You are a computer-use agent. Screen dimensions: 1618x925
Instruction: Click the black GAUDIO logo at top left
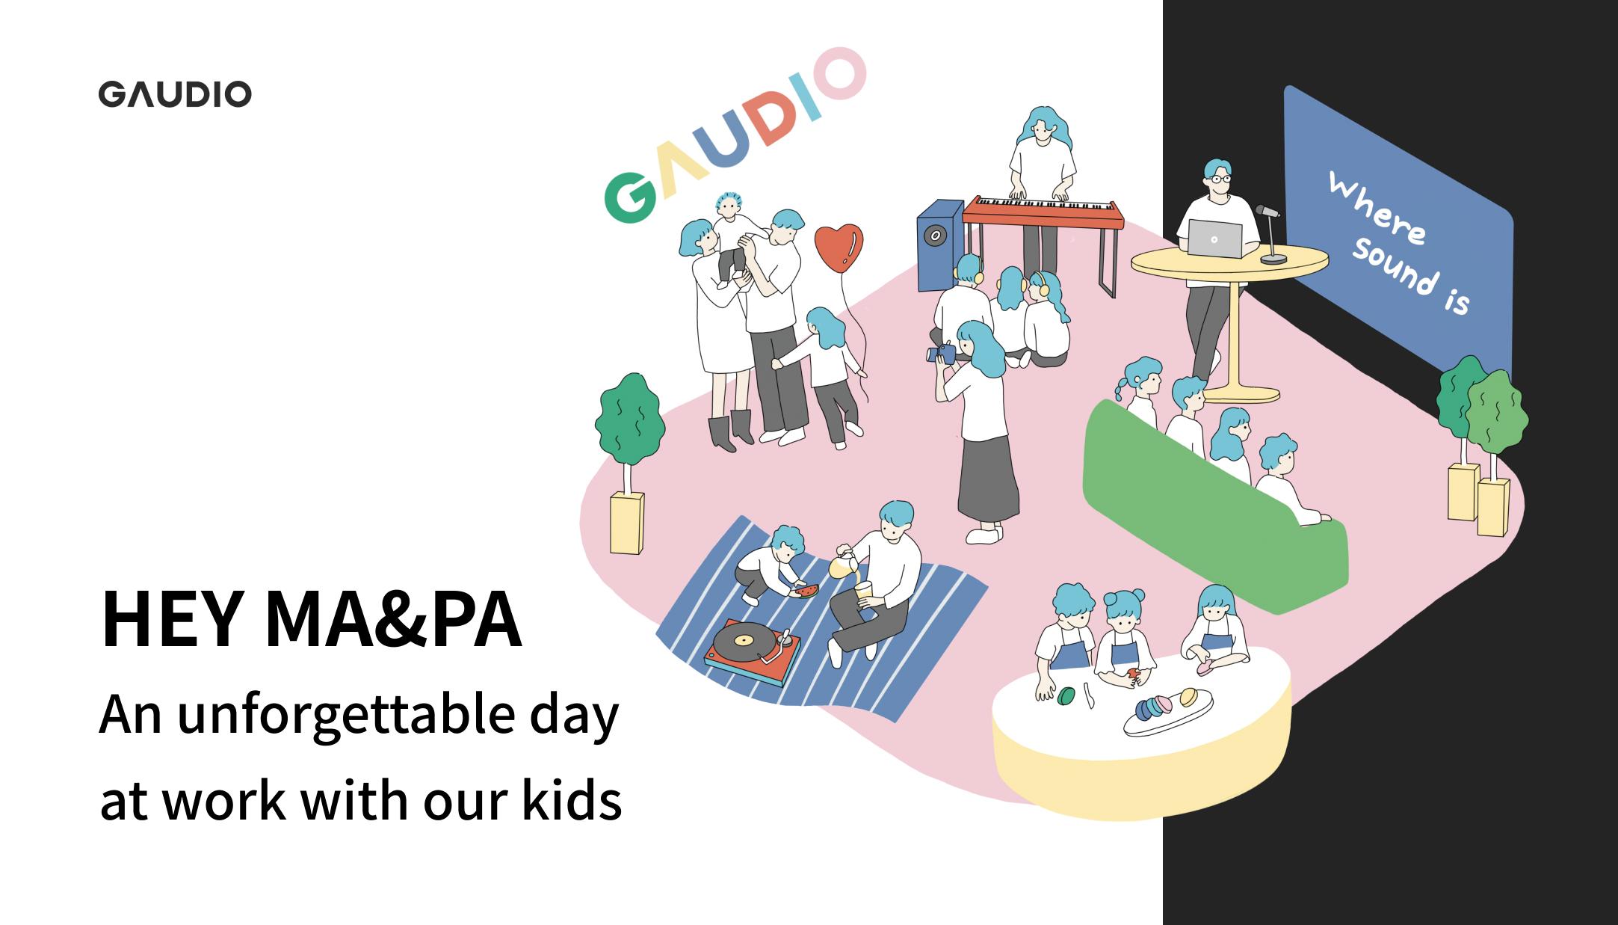pyautogui.click(x=175, y=94)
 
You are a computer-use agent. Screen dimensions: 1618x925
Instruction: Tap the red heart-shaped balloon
pyautogui.click(x=839, y=248)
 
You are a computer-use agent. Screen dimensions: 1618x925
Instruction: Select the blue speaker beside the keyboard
pyautogui.click(x=940, y=244)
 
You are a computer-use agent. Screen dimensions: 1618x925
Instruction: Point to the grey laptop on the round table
pyautogui.click(x=1214, y=239)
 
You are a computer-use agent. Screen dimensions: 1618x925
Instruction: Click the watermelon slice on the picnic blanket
pyautogui.click(x=802, y=591)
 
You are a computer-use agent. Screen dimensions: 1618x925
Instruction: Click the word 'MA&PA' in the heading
pyautogui.click(x=392, y=620)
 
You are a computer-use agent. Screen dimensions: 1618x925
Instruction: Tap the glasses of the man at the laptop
pyautogui.click(x=1220, y=179)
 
